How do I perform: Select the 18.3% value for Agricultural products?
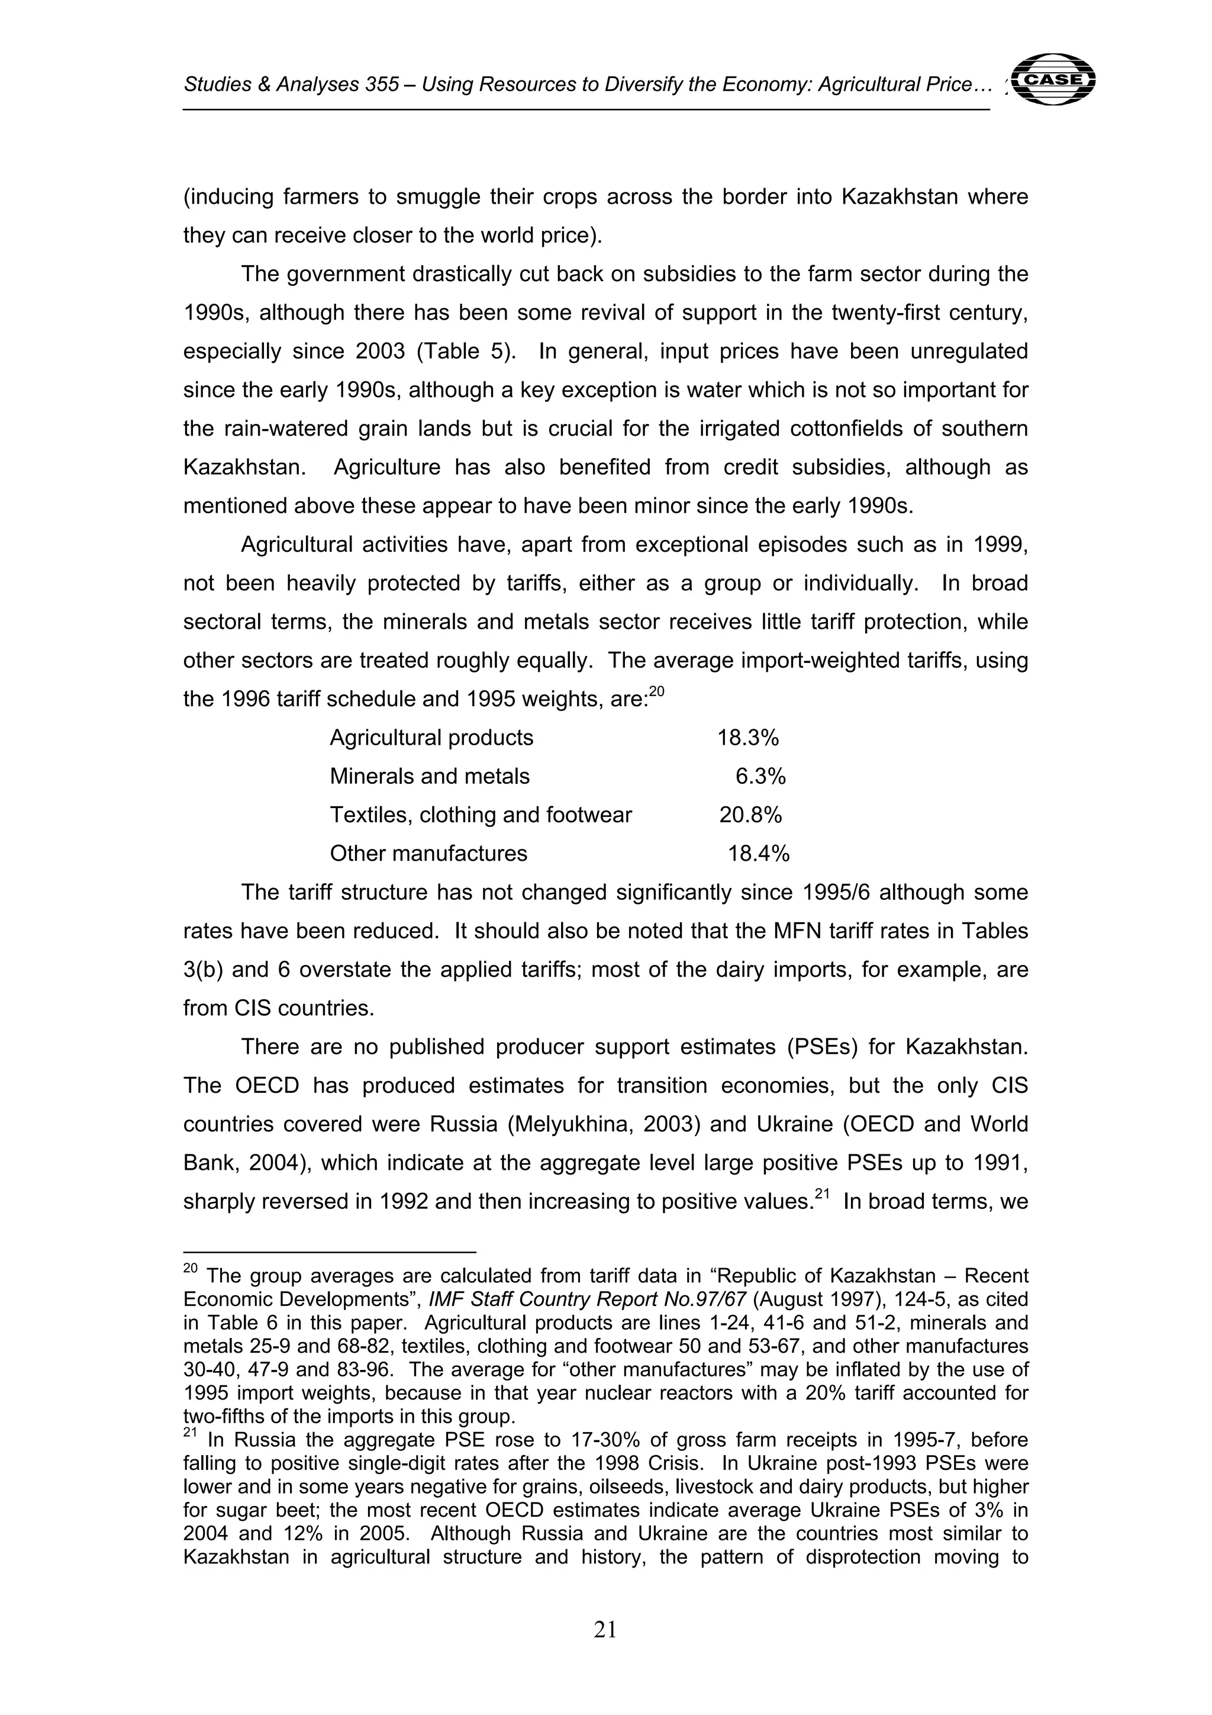click(x=747, y=738)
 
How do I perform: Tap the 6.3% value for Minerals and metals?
click(x=760, y=777)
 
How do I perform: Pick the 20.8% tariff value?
click(x=750, y=815)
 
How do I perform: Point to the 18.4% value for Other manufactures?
click(x=758, y=854)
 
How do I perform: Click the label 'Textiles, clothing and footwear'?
click(x=481, y=815)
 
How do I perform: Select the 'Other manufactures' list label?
click(x=428, y=854)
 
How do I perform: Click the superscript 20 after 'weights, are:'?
click(x=656, y=691)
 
